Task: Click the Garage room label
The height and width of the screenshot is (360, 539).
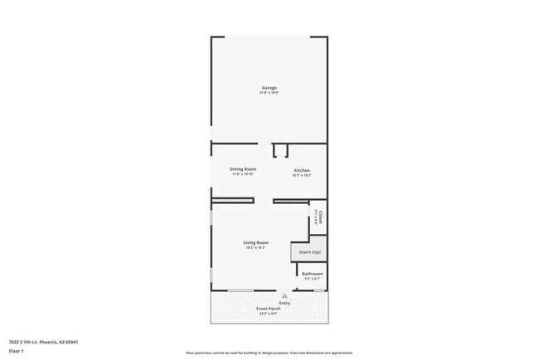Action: click(269, 88)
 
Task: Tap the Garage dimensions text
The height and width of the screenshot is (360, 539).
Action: click(269, 93)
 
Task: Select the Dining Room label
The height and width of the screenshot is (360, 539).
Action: click(243, 169)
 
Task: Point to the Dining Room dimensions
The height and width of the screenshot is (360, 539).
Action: click(243, 174)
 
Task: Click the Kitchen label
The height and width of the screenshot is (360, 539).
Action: click(302, 170)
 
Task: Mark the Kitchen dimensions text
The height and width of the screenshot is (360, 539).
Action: click(302, 175)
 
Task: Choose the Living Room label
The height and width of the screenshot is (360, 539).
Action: click(256, 242)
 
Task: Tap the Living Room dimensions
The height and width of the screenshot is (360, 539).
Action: click(256, 247)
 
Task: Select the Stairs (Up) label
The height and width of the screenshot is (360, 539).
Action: click(309, 251)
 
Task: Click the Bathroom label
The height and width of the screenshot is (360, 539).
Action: click(313, 274)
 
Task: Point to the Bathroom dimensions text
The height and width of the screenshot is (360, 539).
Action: click(313, 279)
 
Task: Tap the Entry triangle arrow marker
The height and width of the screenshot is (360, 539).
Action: click(284, 295)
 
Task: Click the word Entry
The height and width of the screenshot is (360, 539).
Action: click(284, 303)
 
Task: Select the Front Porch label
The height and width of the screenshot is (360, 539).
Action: click(268, 309)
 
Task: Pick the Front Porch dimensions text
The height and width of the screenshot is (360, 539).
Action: click(268, 314)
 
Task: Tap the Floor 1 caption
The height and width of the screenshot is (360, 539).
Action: click(17, 351)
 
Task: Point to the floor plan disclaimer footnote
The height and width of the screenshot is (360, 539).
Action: click(269, 353)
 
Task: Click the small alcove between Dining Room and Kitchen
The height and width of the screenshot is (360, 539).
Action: click(280, 150)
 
